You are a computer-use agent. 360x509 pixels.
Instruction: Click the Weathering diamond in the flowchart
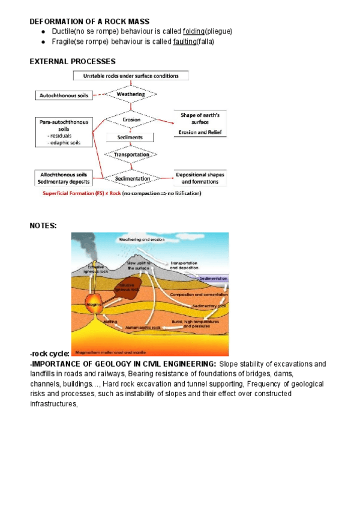point(130,94)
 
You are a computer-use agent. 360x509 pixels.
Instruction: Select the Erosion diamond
point(131,119)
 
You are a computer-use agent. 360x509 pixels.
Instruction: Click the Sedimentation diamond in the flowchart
point(131,178)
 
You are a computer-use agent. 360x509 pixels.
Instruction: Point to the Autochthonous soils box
point(63,95)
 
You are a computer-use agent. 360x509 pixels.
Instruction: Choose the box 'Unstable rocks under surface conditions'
point(130,76)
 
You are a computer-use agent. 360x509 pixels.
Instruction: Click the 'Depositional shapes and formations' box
point(201,178)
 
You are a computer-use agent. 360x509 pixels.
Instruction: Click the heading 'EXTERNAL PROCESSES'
point(72,61)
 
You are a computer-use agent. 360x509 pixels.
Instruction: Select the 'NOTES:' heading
point(43,225)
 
